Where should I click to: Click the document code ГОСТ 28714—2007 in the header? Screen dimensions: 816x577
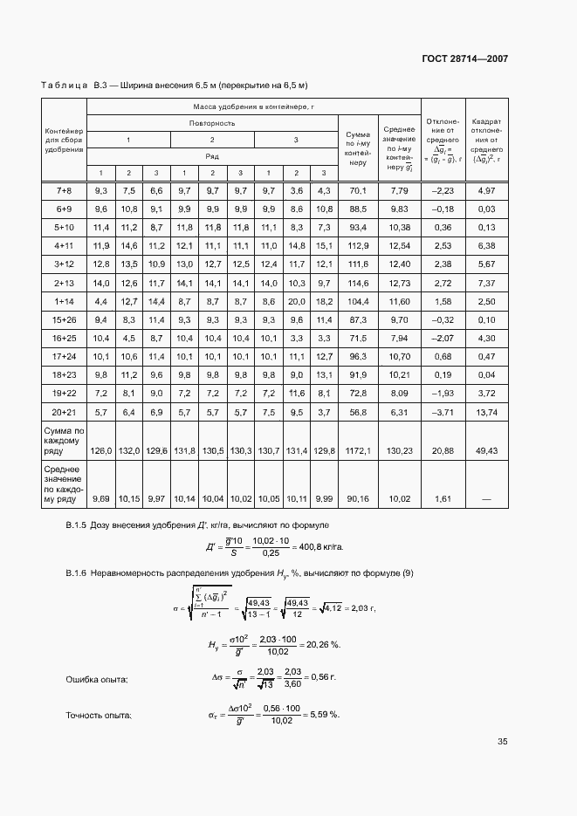click(x=465, y=59)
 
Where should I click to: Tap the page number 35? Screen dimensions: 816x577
click(x=503, y=742)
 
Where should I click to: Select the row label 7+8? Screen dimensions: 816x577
click(x=64, y=190)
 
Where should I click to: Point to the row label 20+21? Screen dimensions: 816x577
click(x=64, y=411)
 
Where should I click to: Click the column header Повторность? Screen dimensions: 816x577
click(x=212, y=123)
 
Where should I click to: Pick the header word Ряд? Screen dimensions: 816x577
click(x=212, y=156)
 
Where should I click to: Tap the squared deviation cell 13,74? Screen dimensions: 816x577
click(x=486, y=411)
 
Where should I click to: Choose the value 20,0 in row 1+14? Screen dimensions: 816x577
click(x=296, y=301)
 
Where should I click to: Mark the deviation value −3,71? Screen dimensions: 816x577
click(x=443, y=411)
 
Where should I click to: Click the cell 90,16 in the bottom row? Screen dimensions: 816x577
click(x=357, y=498)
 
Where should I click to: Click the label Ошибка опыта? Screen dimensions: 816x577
click(x=98, y=679)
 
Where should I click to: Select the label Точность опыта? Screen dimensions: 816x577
click(x=100, y=715)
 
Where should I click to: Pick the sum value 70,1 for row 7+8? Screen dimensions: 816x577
click(x=357, y=190)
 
